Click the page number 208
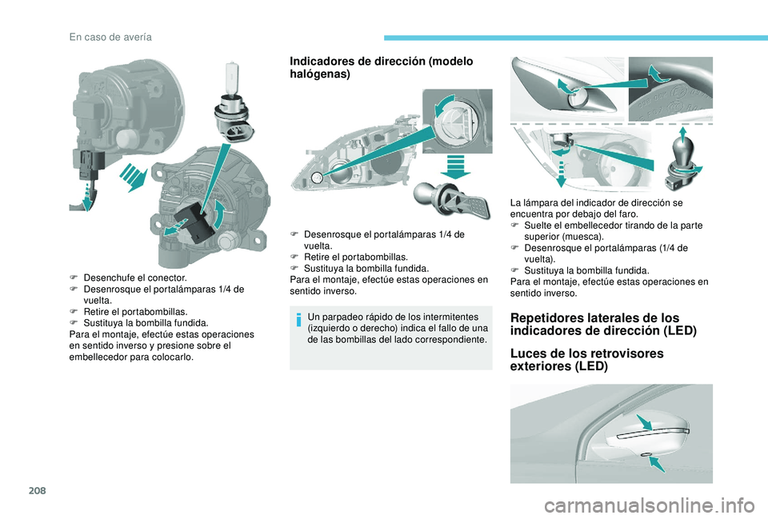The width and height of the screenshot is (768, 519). [x=38, y=490]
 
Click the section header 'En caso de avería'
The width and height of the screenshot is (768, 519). [x=110, y=38]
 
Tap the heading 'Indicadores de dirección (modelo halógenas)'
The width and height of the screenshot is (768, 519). [x=382, y=67]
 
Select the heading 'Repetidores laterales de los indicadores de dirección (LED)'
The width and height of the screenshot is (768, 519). [x=603, y=324]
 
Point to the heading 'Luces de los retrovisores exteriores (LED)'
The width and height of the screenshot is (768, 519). [x=586, y=360]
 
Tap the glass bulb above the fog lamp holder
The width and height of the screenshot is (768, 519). [x=230, y=78]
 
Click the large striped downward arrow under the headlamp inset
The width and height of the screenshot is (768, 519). [x=455, y=166]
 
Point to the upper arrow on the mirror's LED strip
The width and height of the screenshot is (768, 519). [x=644, y=422]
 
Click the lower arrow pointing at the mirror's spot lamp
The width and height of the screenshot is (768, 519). [x=657, y=463]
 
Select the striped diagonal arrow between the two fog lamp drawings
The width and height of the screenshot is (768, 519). [x=134, y=177]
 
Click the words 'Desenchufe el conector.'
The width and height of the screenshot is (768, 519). [x=135, y=277]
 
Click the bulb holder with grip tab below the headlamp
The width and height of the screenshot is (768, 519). [x=450, y=200]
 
